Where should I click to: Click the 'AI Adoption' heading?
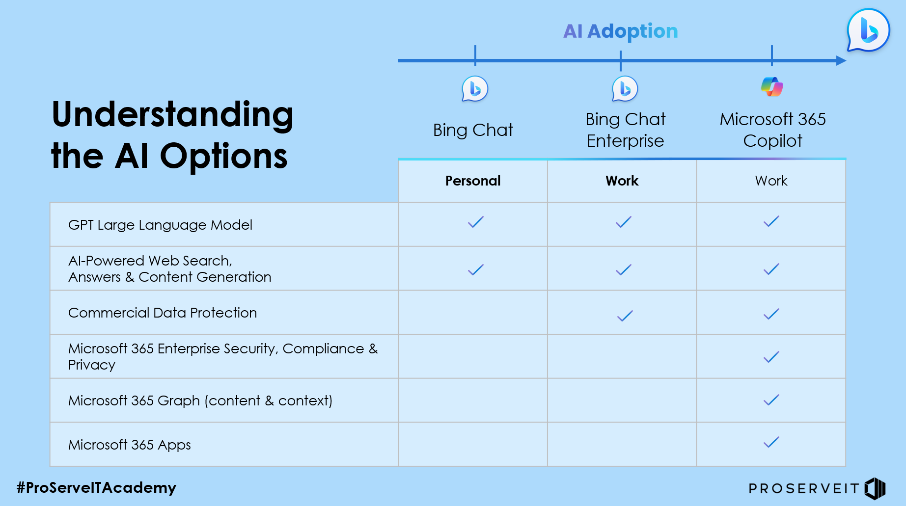[620, 31]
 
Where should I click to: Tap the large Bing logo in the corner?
[868, 30]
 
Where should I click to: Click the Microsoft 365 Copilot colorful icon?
[772, 87]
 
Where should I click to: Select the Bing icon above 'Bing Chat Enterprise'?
[625, 89]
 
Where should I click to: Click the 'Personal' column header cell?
[473, 181]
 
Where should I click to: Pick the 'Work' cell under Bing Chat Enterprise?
[622, 181]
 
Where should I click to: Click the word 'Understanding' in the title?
[172, 114]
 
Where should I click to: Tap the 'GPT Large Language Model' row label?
[160, 225]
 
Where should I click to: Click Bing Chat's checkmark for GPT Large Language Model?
[475, 222]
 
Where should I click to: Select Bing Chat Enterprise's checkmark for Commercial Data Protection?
[625, 316]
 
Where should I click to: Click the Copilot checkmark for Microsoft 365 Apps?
[771, 442]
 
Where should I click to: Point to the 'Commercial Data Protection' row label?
[163, 313]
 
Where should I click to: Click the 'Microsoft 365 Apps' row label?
[130, 445]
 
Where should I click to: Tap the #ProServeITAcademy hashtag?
[96, 487]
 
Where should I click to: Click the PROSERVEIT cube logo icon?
[875, 488]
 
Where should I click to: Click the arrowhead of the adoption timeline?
[841, 61]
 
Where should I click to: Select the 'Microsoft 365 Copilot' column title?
[772, 130]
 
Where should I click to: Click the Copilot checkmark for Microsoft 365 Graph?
[771, 400]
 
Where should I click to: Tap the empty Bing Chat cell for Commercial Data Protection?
[473, 313]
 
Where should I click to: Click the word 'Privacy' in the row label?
[92, 365]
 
